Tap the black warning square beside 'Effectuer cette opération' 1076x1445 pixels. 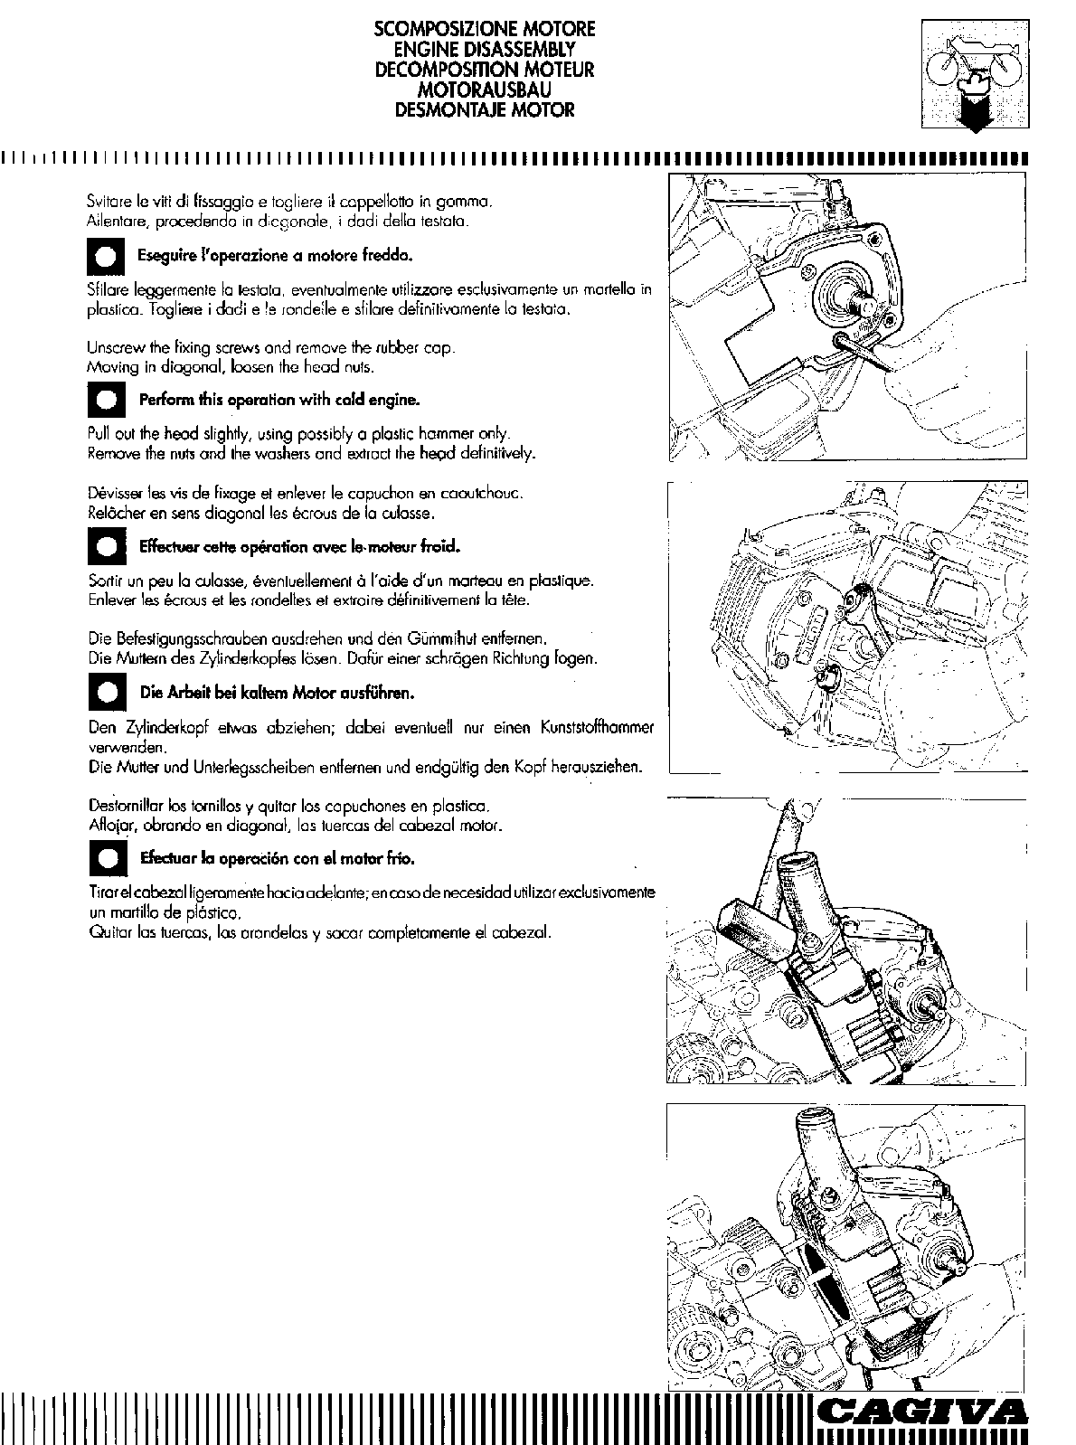coord(105,547)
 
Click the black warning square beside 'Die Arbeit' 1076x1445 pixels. coord(105,694)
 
